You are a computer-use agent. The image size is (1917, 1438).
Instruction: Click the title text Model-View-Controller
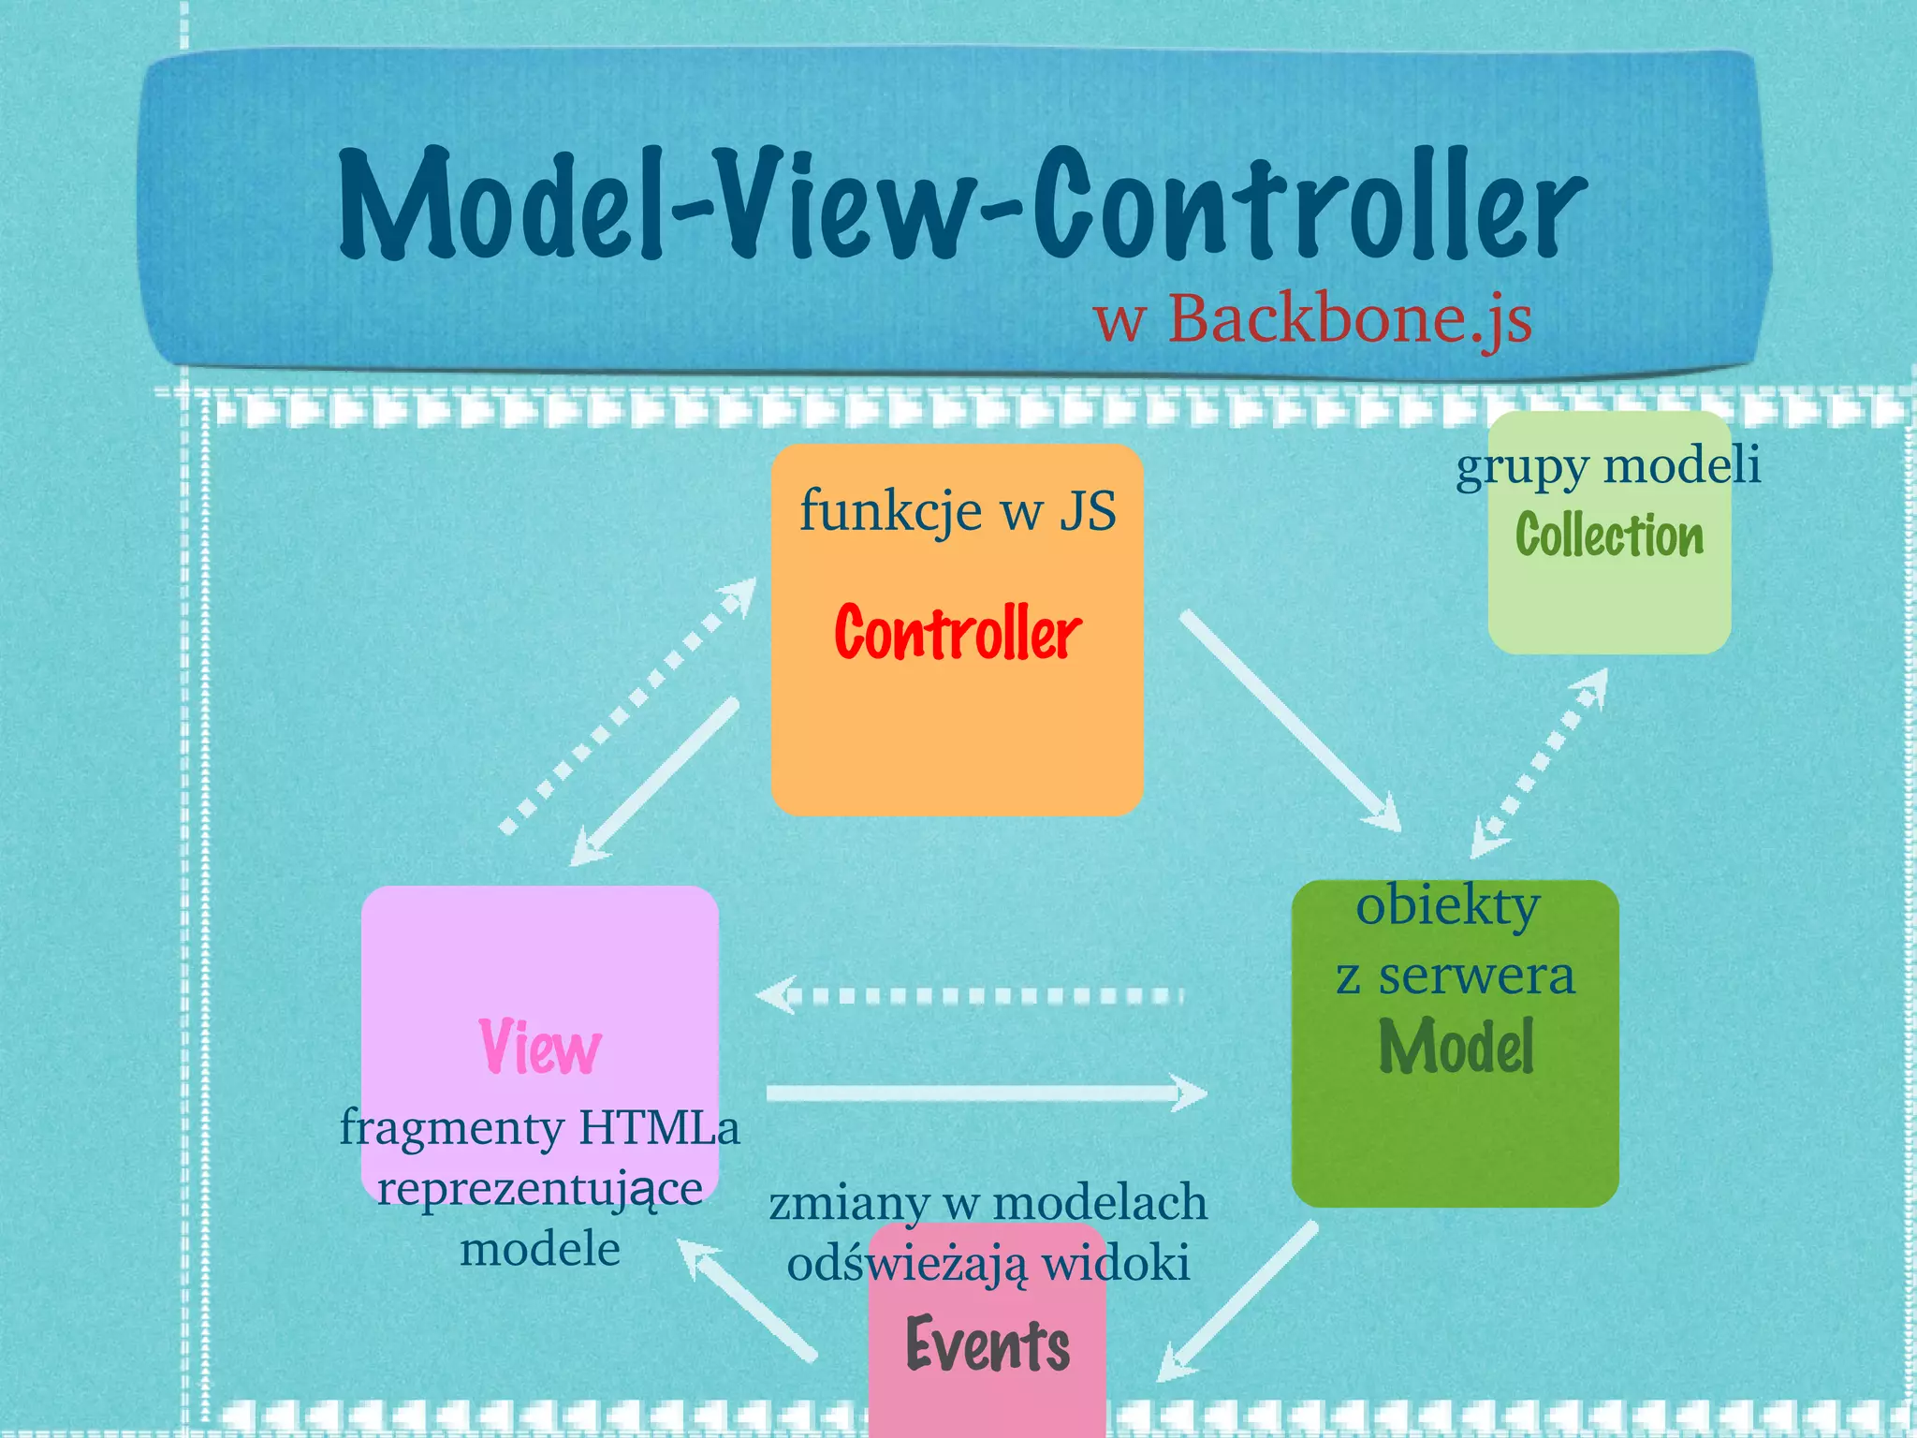(962, 204)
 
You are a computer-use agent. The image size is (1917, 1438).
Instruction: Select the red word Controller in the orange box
(958, 634)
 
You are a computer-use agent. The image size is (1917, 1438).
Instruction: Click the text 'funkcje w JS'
(958, 511)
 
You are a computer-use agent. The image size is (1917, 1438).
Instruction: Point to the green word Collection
(1609, 536)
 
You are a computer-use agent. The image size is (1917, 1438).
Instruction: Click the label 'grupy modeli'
(1608, 465)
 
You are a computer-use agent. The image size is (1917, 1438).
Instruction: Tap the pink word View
(540, 1047)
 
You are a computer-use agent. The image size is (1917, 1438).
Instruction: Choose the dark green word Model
(1456, 1047)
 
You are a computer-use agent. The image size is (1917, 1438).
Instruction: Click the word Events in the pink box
(988, 1345)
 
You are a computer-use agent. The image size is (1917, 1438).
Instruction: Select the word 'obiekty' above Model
(1447, 906)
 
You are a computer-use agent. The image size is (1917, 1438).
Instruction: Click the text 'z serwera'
(1456, 976)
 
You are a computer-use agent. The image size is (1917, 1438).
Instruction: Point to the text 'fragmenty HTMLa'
(539, 1127)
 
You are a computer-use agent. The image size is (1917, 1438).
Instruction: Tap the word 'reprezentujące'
(540, 1190)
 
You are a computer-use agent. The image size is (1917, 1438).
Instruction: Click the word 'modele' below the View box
(540, 1249)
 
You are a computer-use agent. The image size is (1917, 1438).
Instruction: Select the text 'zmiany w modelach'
(988, 1203)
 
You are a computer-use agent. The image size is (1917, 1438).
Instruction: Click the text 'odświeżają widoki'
(988, 1264)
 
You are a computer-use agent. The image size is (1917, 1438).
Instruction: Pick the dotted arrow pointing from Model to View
(973, 995)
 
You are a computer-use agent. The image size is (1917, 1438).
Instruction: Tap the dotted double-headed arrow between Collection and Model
(1540, 762)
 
